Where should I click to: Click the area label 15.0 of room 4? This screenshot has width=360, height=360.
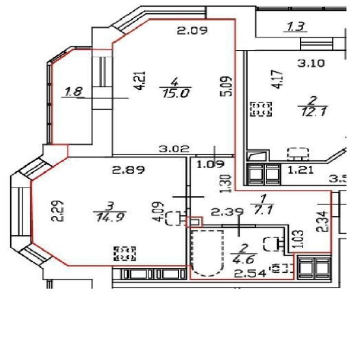point(176,93)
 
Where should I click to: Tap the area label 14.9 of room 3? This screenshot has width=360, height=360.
point(110,217)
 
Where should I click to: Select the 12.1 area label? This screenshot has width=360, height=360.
point(313,111)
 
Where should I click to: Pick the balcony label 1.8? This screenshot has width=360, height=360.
point(74,92)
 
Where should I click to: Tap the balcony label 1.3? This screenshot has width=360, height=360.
point(296,27)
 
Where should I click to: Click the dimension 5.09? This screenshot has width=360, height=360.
point(226,86)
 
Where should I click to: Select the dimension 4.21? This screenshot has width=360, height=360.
point(140,80)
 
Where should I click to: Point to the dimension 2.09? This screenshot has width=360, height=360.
point(192,30)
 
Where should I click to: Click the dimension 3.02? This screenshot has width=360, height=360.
point(174,148)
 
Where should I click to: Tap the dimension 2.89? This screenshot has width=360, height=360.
point(128,170)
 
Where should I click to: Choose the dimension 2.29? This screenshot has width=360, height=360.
point(57,211)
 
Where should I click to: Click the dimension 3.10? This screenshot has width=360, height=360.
point(311,63)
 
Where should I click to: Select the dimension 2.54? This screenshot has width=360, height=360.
point(250,273)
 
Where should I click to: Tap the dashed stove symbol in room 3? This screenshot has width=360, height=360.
point(125,253)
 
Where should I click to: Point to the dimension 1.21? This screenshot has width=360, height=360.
point(301,170)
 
